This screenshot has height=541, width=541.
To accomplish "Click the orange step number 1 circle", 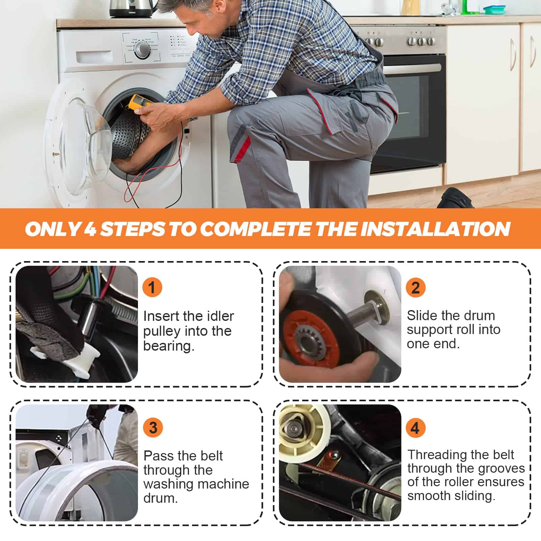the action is click(x=152, y=287).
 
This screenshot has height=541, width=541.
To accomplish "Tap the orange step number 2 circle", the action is click(x=415, y=288).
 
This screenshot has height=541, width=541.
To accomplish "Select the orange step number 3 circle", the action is click(x=153, y=428).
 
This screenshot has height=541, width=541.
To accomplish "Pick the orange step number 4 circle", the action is click(x=415, y=428).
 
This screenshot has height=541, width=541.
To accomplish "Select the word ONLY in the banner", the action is click(x=53, y=229).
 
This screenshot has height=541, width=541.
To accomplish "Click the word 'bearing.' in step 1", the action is click(x=169, y=346).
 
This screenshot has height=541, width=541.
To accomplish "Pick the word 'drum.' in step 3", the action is click(x=161, y=498).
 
